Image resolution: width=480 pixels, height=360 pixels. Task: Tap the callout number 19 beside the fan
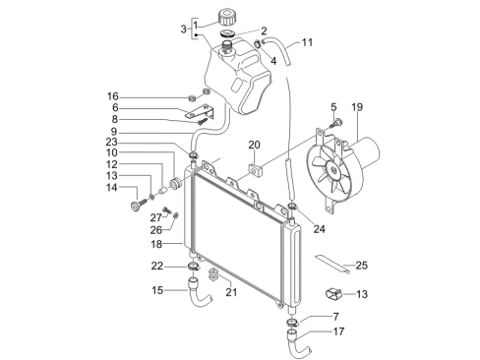point(357,107)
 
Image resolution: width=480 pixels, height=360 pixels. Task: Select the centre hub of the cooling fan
point(333,170)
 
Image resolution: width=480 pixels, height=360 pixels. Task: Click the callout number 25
point(361,265)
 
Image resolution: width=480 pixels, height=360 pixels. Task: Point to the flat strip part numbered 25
point(331,264)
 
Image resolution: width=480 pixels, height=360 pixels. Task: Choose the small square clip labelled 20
point(255,170)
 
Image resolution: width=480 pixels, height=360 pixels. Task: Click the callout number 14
point(111,187)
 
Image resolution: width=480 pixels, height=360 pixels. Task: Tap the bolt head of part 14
point(135,207)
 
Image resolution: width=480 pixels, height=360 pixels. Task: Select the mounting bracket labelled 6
point(201,112)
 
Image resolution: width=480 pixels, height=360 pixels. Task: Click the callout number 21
point(231,291)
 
